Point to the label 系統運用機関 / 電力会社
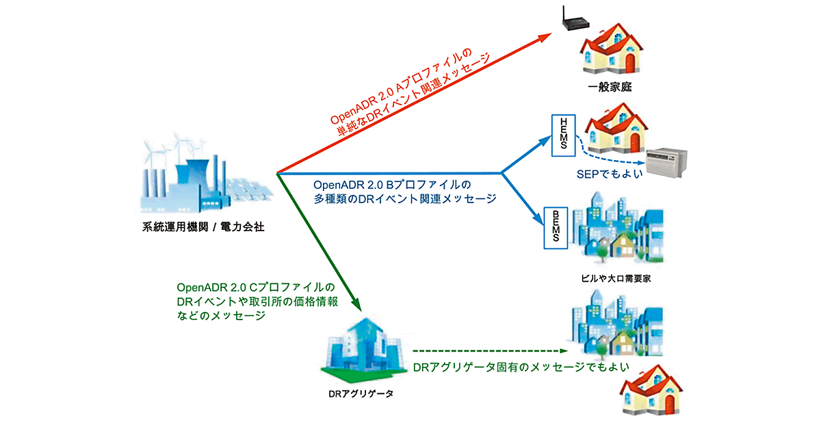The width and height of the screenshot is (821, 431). (x=199, y=227)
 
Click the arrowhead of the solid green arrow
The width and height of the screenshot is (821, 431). (x=354, y=304)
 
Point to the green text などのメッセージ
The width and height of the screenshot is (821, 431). (x=220, y=317)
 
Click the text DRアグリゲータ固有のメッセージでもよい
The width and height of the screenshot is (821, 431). (x=521, y=367)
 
